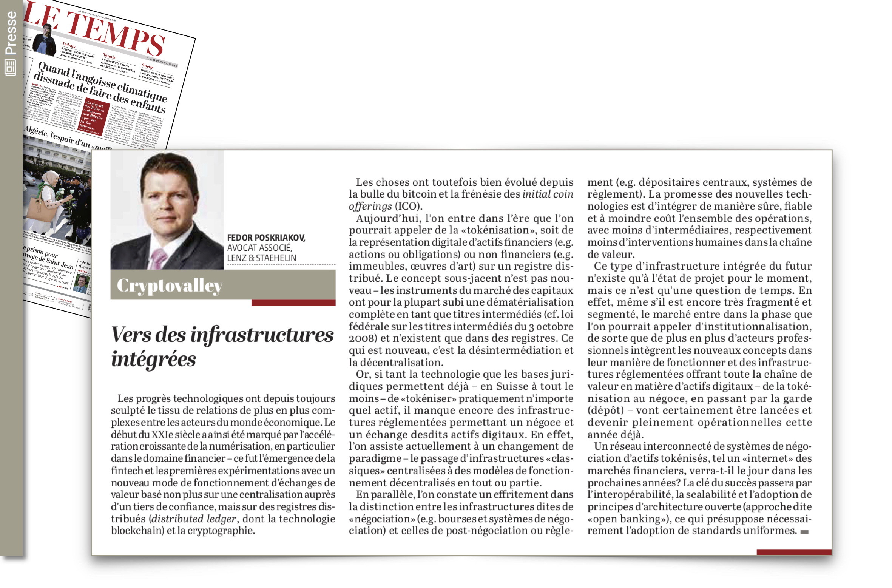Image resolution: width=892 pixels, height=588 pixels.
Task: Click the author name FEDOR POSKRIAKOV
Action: click(266, 238)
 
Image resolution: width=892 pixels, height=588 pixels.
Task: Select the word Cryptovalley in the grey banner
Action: click(170, 286)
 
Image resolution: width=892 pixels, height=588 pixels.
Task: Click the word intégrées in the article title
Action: click(154, 359)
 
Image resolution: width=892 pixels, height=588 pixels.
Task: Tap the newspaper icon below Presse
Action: click(10, 68)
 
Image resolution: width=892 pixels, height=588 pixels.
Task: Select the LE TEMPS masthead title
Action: click(94, 32)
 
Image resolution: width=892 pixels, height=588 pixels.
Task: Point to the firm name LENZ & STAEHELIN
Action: click(261, 258)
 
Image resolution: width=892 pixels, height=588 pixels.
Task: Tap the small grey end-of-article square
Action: click(804, 532)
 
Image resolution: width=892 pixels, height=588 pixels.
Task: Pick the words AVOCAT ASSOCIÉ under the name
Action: click(259, 248)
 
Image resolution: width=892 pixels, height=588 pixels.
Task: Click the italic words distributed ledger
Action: click(194, 519)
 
